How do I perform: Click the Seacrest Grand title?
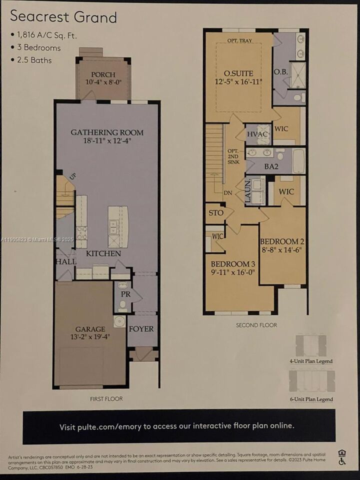click(63, 16)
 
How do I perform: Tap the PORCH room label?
click(103, 74)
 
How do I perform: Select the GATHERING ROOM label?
click(106, 132)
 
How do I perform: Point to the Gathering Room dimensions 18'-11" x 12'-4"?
click(106, 141)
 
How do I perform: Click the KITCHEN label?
click(103, 253)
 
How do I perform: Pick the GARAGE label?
click(90, 329)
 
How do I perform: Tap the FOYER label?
click(141, 329)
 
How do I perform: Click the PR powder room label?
click(125, 294)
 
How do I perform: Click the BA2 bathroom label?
click(271, 166)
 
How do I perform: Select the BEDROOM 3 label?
click(232, 264)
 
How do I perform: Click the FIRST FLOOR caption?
click(106, 398)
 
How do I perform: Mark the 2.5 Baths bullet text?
click(33, 60)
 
